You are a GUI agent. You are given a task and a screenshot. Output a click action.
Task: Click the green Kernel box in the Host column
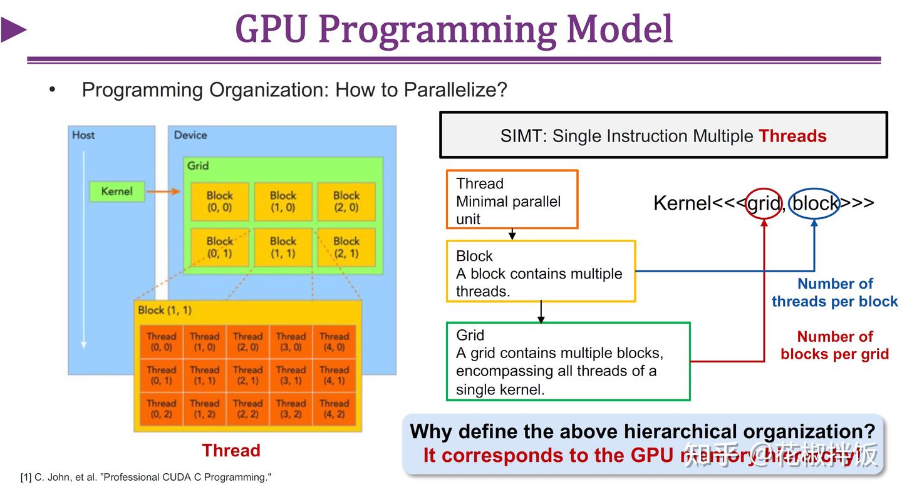pyautogui.click(x=117, y=192)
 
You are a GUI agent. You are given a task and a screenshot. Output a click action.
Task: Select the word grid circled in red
pyautogui.click(x=764, y=203)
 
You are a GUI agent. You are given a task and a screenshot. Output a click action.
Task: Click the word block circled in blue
pyautogui.click(x=814, y=203)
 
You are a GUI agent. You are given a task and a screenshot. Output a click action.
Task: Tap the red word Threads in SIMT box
pyautogui.click(x=792, y=136)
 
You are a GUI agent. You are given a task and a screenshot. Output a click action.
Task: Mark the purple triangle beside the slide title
pyautogui.click(x=13, y=30)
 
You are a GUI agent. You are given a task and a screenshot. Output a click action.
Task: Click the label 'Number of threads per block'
pyautogui.click(x=834, y=292)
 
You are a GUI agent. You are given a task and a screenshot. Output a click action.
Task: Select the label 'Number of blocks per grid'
pyautogui.click(x=834, y=345)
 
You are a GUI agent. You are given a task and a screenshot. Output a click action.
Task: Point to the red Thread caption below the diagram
pyautogui.click(x=231, y=451)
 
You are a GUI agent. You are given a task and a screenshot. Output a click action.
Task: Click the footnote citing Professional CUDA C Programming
pyautogui.click(x=146, y=478)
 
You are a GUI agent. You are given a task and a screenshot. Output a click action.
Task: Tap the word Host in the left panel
pyautogui.click(x=83, y=135)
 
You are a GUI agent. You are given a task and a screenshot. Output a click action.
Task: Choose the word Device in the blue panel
pyautogui.click(x=190, y=135)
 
